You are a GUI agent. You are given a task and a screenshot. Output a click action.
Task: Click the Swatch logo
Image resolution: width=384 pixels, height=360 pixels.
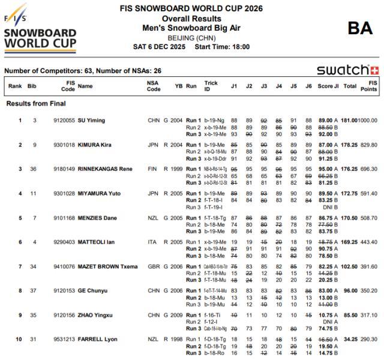[x=347, y=70]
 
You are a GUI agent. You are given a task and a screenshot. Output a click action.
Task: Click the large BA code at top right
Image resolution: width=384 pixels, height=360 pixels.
[x=360, y=28]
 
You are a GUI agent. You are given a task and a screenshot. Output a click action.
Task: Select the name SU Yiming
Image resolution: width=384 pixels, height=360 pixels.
[x=91, y=121]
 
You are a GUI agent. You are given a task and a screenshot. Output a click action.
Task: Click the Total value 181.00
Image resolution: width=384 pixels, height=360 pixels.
[x=350, y=121]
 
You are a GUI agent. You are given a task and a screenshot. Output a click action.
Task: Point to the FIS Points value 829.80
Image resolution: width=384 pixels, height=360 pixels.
[x=368, y=145]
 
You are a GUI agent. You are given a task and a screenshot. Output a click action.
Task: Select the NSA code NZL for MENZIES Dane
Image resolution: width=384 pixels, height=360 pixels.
[x=154, y=218]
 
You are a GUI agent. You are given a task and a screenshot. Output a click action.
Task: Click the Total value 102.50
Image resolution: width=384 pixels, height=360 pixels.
[x=350, y=267]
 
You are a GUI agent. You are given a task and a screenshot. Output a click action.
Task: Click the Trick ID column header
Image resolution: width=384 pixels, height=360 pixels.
[x=211, y=86]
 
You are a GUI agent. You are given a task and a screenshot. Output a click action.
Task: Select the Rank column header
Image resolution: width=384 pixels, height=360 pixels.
[x=15, y=86]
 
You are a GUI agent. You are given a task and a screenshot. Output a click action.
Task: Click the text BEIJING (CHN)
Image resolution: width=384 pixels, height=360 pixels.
[x=191, y=37]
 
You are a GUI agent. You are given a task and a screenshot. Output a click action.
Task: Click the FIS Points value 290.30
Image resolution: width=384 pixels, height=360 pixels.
[x=368, y=340]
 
